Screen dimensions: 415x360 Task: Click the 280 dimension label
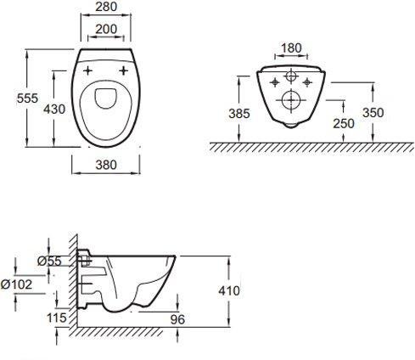[x=106, y=7]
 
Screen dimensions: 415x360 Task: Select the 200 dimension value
[x=106, y=29]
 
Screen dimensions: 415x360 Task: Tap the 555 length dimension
[x=27, y=98]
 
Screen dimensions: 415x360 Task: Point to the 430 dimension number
[x=54, y=109]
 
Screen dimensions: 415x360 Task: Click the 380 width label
[x=106, y=165]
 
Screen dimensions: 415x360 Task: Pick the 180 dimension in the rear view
[x=291, y=48]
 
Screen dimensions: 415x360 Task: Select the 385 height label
[x=239, y=114]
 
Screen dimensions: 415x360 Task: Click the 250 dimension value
[x=344, y=124]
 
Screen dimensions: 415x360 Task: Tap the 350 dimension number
[x=373, y=113]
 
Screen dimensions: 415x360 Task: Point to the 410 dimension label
[x=229, y=291]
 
